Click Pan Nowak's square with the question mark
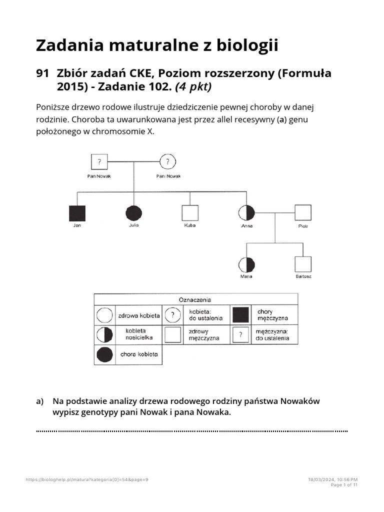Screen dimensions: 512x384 point(99,161)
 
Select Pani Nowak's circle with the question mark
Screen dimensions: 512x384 point(168,161)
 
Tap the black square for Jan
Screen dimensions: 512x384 point(77,213)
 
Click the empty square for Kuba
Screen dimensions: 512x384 point(189,213)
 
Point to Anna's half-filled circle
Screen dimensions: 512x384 point(247,213)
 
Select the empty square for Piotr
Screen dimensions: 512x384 point(303,213)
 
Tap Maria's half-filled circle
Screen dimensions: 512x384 point(247,264)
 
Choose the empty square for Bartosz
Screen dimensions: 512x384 point(303,264)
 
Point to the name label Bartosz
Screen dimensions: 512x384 point(303,276)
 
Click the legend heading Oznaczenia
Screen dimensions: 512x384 point(195,299)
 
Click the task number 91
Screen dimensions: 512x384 point(42,74)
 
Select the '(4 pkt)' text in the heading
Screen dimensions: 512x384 point(192,87)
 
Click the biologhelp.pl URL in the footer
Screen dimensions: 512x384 point(87,479)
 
